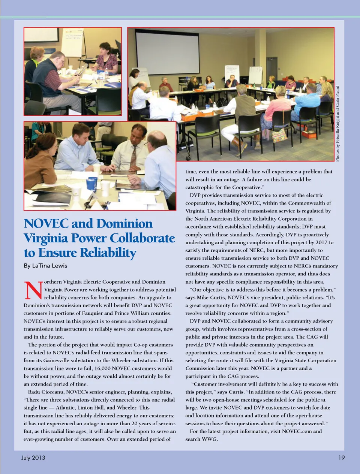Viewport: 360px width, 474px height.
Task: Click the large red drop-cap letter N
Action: (33, 290)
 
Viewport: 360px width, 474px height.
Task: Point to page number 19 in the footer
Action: (341, 458)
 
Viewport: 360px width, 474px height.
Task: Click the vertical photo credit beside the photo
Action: (337, 124)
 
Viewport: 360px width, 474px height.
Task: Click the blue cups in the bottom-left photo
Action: (92, 184)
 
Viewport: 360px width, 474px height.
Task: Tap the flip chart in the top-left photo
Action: (72, 43)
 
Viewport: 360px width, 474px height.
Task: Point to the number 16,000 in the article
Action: (102, 368)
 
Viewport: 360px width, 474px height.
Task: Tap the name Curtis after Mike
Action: (227, 298)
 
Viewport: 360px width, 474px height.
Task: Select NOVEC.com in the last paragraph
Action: (297, 431)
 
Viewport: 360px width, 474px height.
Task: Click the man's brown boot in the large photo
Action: (237, 143)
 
